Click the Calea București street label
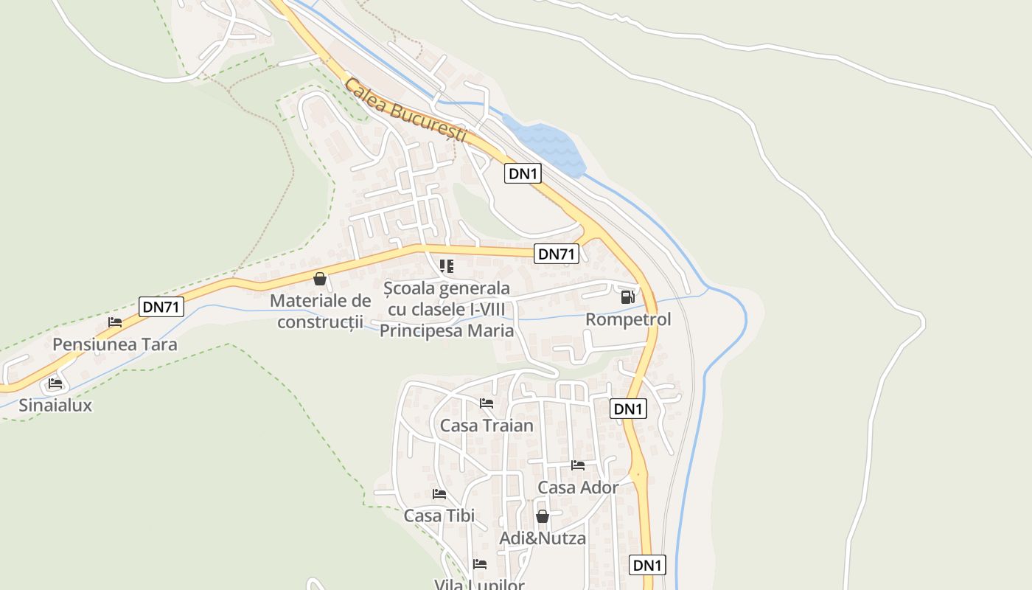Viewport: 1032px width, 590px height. pos(406,111)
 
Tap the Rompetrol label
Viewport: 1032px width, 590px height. pos(628,319)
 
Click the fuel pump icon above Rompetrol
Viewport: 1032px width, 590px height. pos(628,297)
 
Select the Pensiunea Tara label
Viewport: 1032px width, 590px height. pos(115,344)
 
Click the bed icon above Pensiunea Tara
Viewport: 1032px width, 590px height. pos(115,322)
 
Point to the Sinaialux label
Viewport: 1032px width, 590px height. pos(55,405)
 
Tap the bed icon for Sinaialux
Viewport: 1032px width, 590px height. pos(55,383)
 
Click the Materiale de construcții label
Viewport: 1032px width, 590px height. pos(320,311)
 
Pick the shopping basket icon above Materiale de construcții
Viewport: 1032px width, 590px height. pos(320,279)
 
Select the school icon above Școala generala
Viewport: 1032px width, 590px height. pos(447,266)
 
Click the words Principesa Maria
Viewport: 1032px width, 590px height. pos(447,330)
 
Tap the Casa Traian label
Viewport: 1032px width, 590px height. pos(487,426)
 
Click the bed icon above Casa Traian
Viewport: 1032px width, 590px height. pos(487,403)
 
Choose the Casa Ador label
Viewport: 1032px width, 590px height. pos(578,487)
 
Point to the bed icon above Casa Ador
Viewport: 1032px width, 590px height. pos(578,465)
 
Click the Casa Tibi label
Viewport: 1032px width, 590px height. pos(439,516)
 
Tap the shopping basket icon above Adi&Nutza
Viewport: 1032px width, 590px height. pos(543,516)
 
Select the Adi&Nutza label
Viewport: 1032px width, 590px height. pos(543,538)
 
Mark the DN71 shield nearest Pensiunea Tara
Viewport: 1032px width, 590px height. pos(161,307)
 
